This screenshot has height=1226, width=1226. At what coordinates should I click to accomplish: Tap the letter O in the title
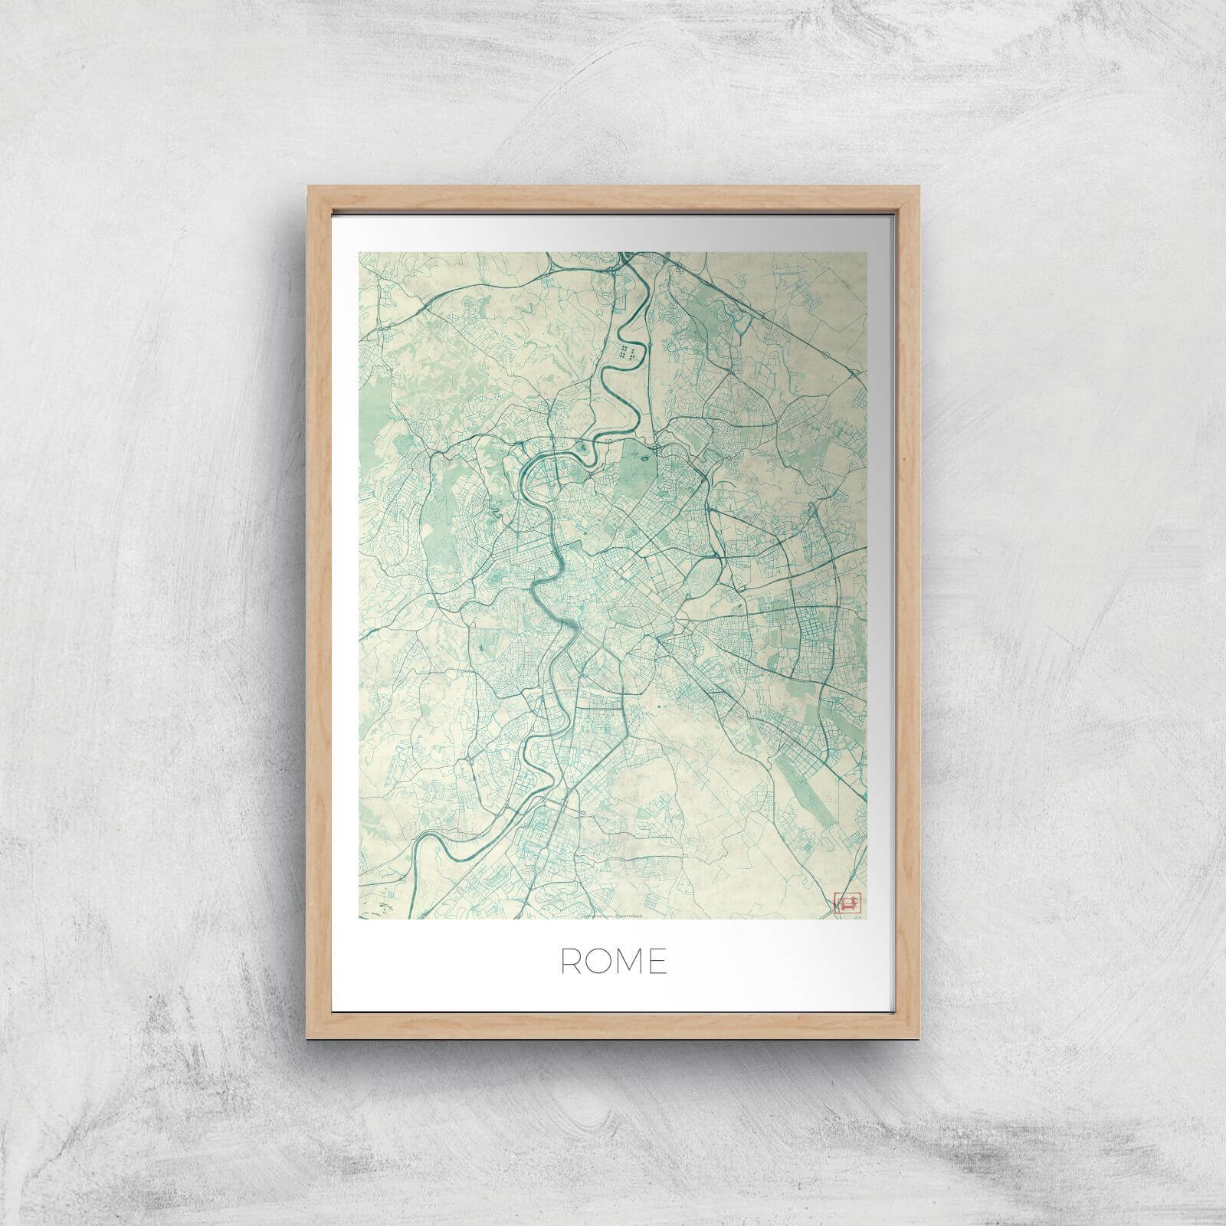pos(598,962)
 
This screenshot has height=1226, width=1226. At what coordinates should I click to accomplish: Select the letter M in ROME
pos(628,962)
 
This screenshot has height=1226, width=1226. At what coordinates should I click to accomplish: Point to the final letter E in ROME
pos(657,962)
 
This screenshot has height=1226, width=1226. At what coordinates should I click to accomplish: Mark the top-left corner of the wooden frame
pos(308,186)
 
